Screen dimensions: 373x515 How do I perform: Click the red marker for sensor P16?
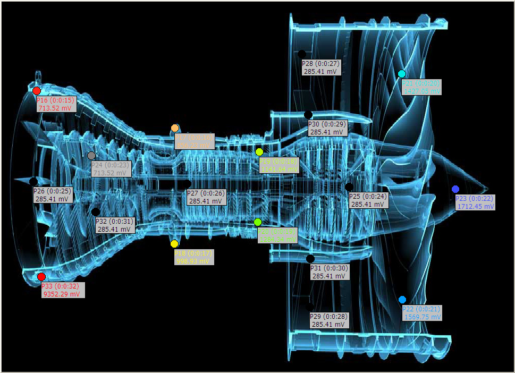(x=36, y=91)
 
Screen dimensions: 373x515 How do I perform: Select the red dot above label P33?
(x=41, y=276)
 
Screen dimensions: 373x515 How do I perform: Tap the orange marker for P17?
(x=175, y=128)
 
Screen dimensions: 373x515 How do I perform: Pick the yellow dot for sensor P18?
(x=174, y=244)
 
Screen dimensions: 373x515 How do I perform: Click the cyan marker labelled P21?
(x=402, y=74)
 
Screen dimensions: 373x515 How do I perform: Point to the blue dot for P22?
(x=402, y=300)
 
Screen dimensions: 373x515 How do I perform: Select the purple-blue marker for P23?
(x=455, y=189)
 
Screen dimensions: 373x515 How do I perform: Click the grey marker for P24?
(x=91, y=156)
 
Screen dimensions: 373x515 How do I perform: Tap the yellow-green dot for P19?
(x=259, y=152)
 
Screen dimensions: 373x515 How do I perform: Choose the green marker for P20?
(x=258, y=222)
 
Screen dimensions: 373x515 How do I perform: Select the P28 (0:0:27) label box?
(x=320, y=67)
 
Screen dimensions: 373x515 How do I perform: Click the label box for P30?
(x=328, y=128)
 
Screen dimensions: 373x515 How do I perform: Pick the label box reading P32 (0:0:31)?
(x=115, y=225)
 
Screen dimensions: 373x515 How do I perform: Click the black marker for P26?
(x=33, y=182)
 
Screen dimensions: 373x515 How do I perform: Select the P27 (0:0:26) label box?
(x=206, y=197)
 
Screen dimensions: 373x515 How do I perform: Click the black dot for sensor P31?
(x=310, y=259)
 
